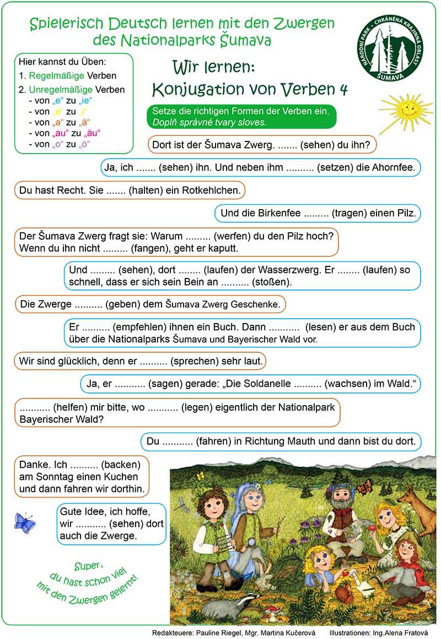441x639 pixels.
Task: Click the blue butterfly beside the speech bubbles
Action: click(24, 522)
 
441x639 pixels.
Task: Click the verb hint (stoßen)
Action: click(272, 282)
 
